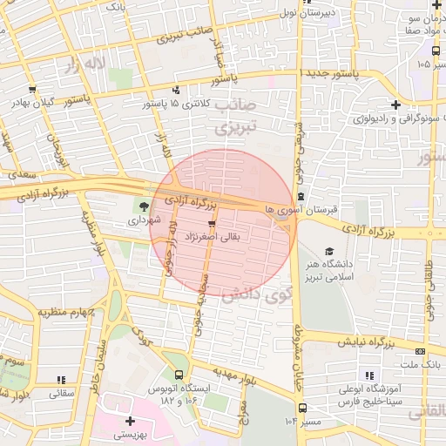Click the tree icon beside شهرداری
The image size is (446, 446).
pos(143,206)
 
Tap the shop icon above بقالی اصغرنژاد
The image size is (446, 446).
pos(211,223)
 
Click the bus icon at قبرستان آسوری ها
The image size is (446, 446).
pos(301,196)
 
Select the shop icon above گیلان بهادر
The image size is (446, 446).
pos(32,89)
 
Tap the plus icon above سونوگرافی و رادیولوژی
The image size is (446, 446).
pos(396,105)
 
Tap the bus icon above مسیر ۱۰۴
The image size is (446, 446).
pos(301,408)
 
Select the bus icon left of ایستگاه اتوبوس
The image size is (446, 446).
pos(179,375)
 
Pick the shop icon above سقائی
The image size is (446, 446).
pos(60,381)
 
